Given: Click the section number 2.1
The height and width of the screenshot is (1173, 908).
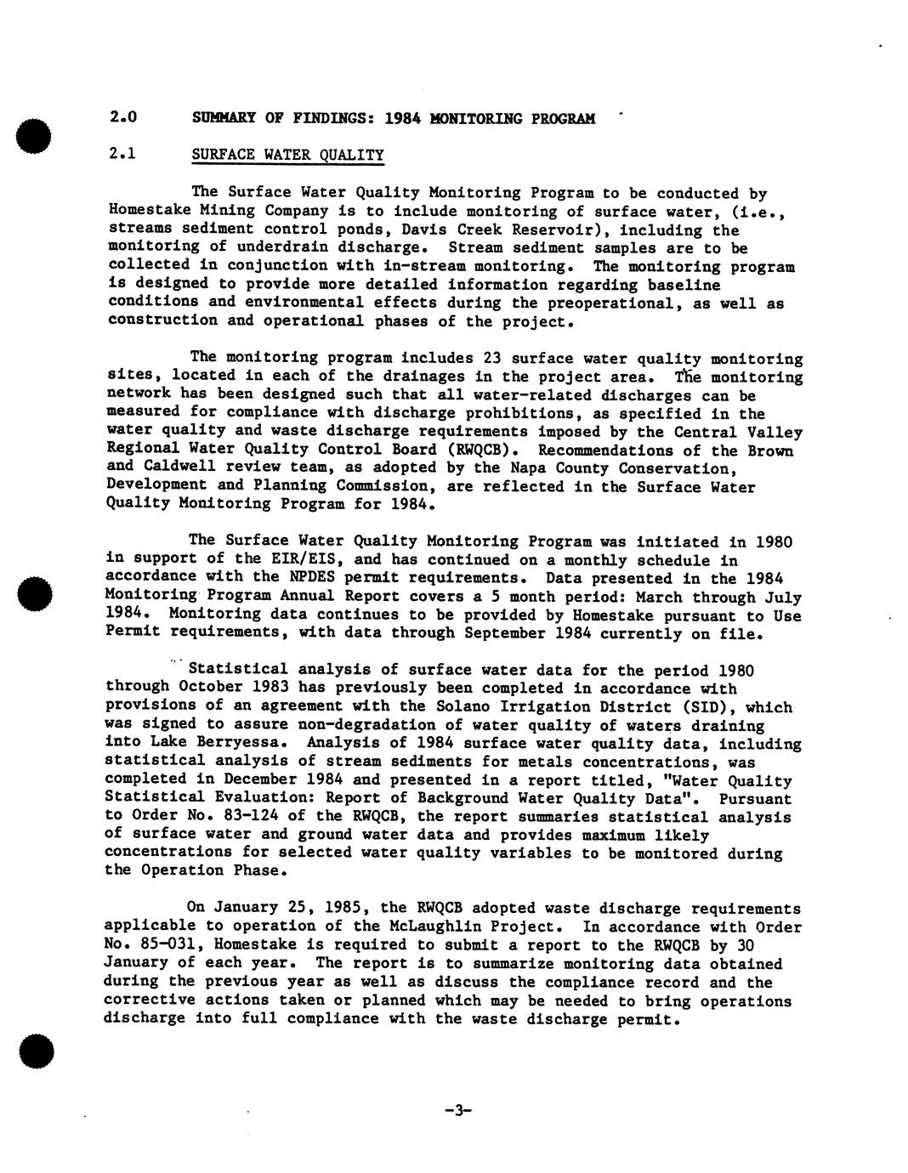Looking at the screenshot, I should pos(123,154).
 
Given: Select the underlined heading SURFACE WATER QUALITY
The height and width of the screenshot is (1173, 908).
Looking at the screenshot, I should pos(287,155).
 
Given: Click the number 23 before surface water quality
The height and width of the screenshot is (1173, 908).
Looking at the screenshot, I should pos(492,358).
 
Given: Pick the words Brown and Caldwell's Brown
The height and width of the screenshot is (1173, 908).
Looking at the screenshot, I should pos(770,450).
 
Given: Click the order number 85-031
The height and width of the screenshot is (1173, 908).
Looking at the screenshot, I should pos(157,944).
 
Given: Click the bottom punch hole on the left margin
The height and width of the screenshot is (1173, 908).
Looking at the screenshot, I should pos(36,1051).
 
